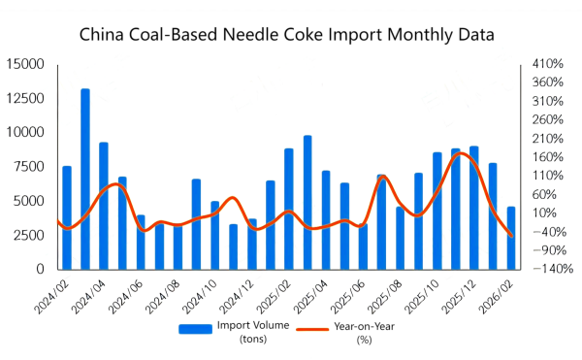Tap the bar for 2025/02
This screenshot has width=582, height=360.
(x=289, y=209)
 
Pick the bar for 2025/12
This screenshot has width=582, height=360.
(x=474, y=208)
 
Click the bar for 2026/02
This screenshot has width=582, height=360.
(x=511, y=238)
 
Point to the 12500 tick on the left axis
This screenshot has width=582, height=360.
(x=26, y=99)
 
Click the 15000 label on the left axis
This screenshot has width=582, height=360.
(x=26, y=64)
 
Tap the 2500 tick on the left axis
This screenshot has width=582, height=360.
(x=30, y=236)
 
